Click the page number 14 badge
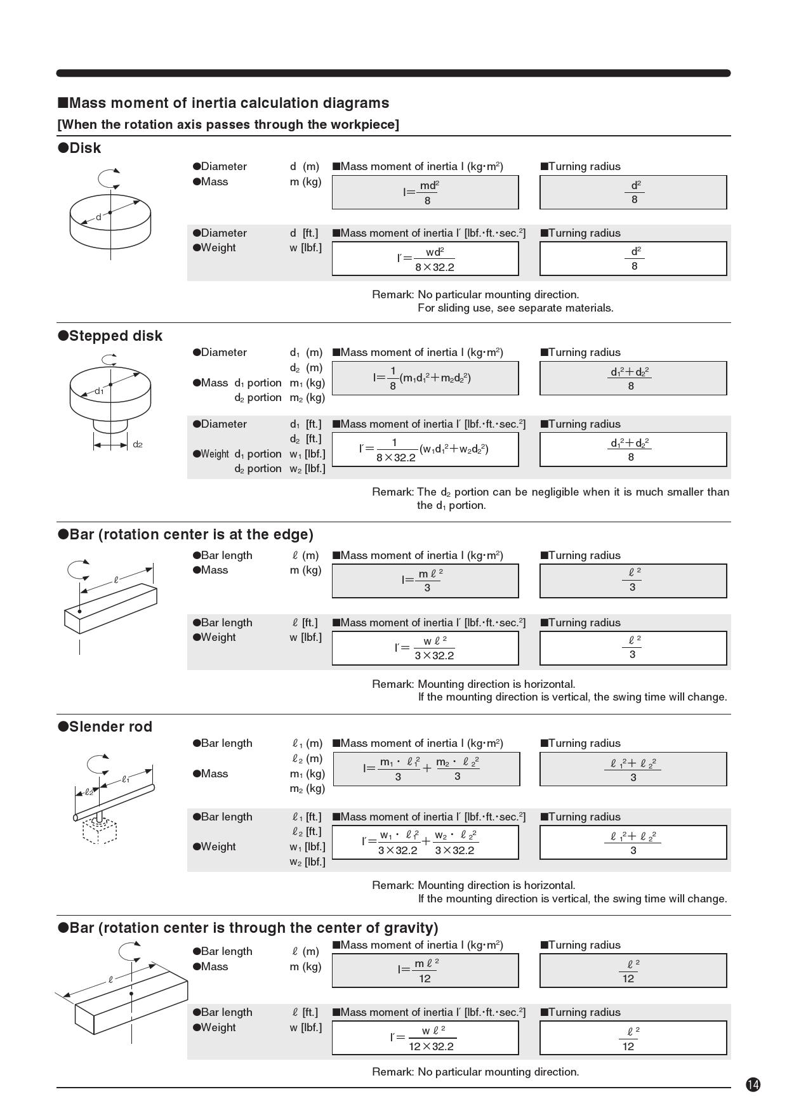coord(753,1084)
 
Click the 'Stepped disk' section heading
coord(110,336)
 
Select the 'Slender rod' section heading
coord(105,727)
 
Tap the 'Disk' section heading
coord(79,148)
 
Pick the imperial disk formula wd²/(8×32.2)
coord(425,259)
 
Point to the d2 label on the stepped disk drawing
coord(138,444)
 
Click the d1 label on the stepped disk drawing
coord(99,391)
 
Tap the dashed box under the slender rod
coord(100,831)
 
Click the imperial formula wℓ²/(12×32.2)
coord(425,1038)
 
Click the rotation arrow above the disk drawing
coord(110,178)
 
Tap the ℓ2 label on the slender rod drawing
coord(89,792)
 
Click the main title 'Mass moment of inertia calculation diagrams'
coord(223,103)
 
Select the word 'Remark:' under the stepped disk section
coord(392,492)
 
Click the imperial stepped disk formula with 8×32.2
coord(425,450)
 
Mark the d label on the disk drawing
coord(98,217)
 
